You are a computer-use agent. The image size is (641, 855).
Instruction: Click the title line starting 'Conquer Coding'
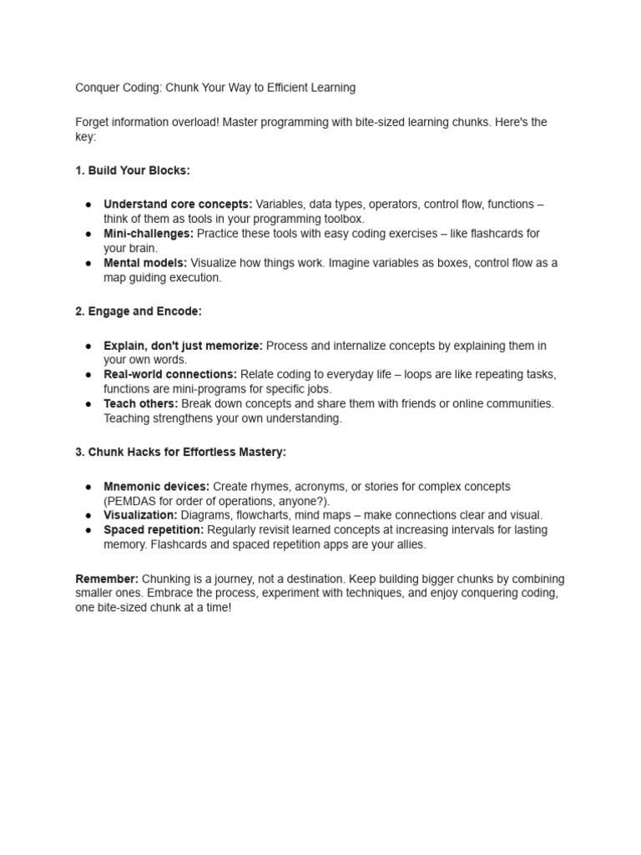click(215, 88)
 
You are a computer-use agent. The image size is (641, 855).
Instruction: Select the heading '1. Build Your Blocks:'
click(133, 170)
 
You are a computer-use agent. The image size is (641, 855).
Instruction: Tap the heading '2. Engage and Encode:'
click(139, 311)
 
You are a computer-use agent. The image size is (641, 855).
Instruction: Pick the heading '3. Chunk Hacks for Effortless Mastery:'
click(180, 452)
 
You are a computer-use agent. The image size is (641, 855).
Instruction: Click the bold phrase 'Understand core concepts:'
click(178, 205)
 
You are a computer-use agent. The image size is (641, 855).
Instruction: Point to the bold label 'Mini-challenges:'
click(149, 234)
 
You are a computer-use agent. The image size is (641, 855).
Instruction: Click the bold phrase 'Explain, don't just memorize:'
click(183, 346)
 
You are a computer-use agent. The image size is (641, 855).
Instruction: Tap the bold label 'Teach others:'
click(141, 403)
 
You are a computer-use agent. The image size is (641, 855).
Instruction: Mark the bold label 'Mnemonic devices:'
click(156, 487)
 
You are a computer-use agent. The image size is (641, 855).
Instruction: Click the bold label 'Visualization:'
click(140, 515)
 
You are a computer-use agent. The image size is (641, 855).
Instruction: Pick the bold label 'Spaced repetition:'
click(154, 530)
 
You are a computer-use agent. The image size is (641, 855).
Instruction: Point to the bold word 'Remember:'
click(107, 579)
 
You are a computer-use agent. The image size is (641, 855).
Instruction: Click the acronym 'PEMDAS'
click(129, 501)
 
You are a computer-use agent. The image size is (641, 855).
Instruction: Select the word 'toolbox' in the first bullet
click(343, 219)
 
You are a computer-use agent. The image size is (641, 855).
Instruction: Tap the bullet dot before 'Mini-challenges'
click(88, 234)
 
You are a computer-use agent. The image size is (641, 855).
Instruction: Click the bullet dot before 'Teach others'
click(88, 403)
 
